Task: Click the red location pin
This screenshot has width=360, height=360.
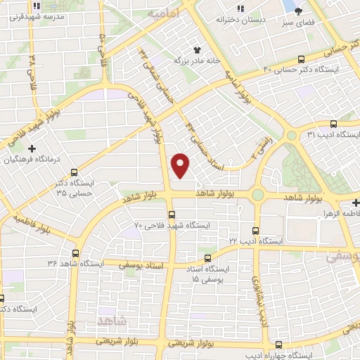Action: [x=181, y=165]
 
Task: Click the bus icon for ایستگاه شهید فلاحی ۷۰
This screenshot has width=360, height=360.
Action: [x=171, y=214]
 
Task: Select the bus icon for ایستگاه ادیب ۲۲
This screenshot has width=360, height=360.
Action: [x=255, y=230]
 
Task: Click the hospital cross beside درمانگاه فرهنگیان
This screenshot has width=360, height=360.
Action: [x=32, y=149]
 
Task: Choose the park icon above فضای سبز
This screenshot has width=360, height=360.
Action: [x=298, y=11]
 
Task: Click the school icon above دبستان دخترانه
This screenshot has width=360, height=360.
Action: [x=241, y=8]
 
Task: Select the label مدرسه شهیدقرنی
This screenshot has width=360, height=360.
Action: [x=58, y=15]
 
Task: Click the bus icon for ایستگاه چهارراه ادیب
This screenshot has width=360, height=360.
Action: [x=280, y=345]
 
